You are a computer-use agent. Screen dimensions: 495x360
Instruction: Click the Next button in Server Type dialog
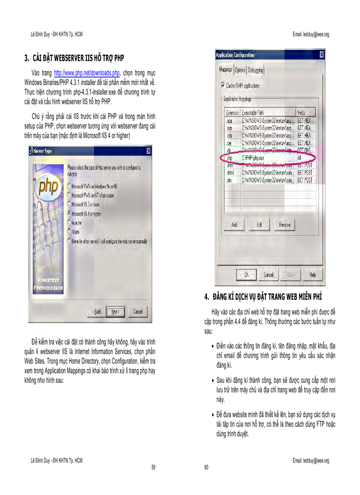(x=115, y=312)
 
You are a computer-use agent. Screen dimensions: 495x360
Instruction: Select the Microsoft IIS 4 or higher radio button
(x=70, y=213)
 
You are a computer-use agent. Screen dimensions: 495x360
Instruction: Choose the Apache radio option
(x=70, y=223)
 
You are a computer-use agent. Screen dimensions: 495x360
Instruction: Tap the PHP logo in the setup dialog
(x=48, y=188)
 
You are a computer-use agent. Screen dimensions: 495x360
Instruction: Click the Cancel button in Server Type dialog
(x=138, y=312)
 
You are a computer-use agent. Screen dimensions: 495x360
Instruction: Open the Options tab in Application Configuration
(x=240, y=70)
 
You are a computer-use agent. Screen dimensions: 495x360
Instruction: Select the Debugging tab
(x=255, y=70)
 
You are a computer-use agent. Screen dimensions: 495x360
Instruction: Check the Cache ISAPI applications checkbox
(x=222, y=86)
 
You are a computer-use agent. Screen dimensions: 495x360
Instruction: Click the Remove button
(x=285, y=225)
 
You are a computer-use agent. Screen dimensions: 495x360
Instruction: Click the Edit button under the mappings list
(x=259, y=225)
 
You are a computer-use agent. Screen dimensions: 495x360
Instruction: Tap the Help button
(x=312, y=275)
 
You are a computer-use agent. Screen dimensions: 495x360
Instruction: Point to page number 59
(x=153, y=467)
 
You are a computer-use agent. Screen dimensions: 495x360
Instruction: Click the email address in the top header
(x=311, y=34)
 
